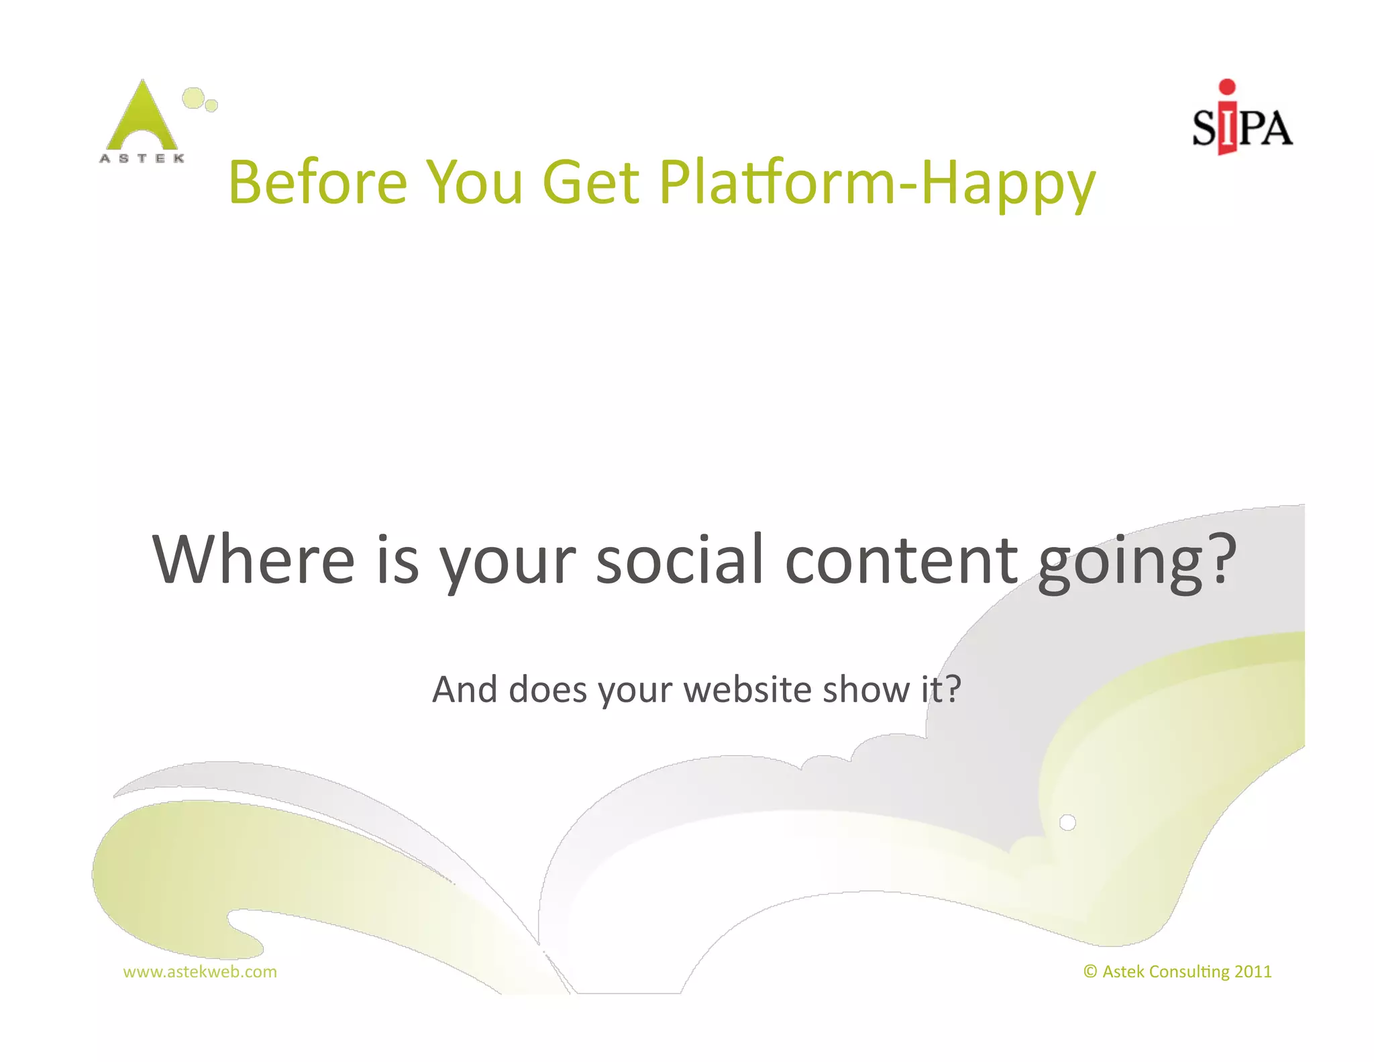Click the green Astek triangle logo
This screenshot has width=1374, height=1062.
(x=142, y=118)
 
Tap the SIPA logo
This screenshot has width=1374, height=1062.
(x=1242, y=121)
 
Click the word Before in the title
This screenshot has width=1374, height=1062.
(x=318, y=182)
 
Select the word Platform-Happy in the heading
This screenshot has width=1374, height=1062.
(x=877, y=183)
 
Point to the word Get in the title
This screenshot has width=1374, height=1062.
(x=590, y=182)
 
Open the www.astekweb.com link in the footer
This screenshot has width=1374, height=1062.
(x=200, y=971)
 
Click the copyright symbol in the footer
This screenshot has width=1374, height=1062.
(x=1090, y=971)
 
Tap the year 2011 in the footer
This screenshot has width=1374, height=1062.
(x=1253, y=971)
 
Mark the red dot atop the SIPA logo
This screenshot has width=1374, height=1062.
(x=1227, y=87)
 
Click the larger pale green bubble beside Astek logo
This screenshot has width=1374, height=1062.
(x=193, y=98)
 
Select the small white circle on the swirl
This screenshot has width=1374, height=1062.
(x=1067, y=822)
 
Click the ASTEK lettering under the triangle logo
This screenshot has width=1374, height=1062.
(x=142, y=158)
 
